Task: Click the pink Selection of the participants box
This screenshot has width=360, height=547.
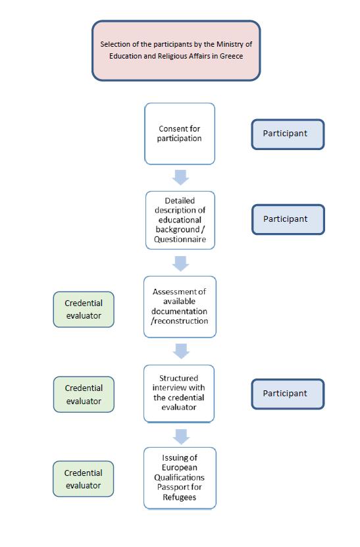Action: tap(176, 51)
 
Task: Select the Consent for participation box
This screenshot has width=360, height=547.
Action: tap(180, 134)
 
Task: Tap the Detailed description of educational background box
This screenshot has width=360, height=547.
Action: tap(180, 220)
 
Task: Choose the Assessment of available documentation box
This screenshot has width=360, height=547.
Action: tap(180, 307)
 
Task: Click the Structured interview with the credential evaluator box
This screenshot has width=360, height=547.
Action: tap(179, 393)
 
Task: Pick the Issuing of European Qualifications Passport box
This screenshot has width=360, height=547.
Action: tap(180, 478)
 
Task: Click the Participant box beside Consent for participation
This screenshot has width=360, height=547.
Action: tap(288, 134)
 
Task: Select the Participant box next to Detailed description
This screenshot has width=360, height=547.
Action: tap(288, 219)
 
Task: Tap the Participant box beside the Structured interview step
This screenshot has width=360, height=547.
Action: tap(288, 394)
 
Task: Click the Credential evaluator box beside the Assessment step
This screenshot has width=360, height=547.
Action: tap(84, 309)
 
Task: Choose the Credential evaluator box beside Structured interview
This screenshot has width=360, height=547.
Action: tap(84, 394)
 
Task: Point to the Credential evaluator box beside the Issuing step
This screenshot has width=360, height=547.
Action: tap(84, 479)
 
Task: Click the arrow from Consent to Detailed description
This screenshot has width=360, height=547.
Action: tap(181, 177)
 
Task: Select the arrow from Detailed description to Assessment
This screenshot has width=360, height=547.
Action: tap(181, 263)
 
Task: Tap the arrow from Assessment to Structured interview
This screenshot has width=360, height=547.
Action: tap(181, 351)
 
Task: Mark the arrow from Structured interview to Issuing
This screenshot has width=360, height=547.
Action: tap(181, 436)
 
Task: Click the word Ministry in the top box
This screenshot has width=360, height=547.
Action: tap(230, 45)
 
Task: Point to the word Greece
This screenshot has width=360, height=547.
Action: tap(231, 56)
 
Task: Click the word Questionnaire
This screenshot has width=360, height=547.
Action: tap(180, 240)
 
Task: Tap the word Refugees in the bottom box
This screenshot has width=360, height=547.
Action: tap(179, 497)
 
